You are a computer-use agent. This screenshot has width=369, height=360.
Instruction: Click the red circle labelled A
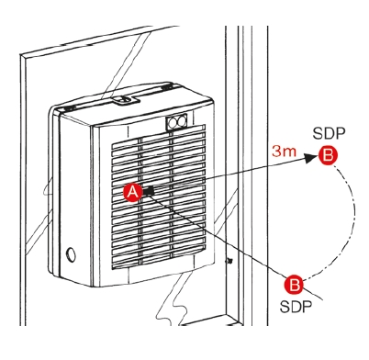pos(133,192)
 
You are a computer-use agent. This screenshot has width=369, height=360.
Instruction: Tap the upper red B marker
pos(328,155)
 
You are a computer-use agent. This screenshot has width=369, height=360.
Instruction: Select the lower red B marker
pos(294,285)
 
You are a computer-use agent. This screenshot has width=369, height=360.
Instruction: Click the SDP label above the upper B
pos(329,133)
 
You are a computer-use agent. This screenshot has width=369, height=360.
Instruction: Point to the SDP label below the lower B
pos(296,307)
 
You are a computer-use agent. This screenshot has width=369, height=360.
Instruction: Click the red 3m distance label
pos(285,152)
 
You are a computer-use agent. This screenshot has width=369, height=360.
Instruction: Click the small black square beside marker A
pos(150,191)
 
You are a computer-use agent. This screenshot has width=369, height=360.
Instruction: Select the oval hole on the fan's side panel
pos(71,253)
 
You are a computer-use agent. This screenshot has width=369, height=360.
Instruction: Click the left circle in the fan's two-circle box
pos(173,123)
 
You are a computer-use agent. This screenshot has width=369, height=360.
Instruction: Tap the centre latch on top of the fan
pos(124,99)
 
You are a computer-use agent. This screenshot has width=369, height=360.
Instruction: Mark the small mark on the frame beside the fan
pos(228,261)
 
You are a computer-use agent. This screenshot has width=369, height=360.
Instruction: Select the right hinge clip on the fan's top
pos(166,87)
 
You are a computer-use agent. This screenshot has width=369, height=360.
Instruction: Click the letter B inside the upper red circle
pos(328,155)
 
